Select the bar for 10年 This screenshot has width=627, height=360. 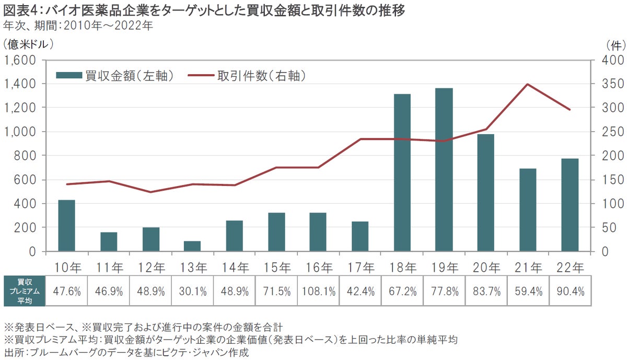click(66, 226)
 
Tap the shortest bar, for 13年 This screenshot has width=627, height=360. click(192, 246)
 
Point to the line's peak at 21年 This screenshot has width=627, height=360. click(528, 84)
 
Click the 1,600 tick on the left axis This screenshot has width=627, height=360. click(20, 60)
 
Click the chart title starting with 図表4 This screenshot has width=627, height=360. click(204, 10)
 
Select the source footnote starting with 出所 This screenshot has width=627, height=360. click(125, 352)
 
